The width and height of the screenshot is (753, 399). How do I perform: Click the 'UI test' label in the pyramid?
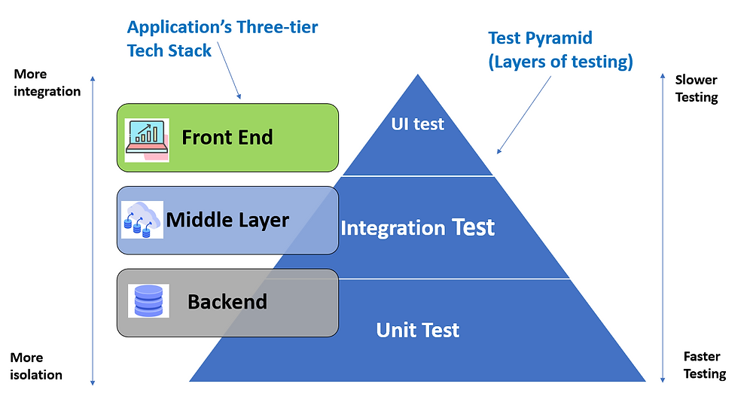418,124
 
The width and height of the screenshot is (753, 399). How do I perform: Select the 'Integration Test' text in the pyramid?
418,227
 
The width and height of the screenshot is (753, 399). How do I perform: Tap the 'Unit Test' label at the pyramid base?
418,330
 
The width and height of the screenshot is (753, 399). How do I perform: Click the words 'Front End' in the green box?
227,138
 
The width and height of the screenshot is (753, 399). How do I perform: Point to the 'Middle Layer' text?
227,220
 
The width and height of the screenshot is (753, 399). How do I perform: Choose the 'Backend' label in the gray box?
227,302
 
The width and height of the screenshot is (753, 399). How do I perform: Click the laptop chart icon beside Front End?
148,139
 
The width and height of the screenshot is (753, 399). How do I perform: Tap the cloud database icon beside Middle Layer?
142,220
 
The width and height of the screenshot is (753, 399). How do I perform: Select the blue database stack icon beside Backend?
148,300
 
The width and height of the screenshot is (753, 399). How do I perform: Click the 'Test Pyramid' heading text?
541,38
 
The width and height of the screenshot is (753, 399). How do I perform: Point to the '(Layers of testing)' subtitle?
560,62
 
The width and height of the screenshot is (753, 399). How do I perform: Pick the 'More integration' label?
47,83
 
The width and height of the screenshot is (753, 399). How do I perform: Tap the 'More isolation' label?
37,366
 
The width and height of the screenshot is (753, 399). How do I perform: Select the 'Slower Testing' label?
697,88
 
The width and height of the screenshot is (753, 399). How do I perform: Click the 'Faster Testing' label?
704,364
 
